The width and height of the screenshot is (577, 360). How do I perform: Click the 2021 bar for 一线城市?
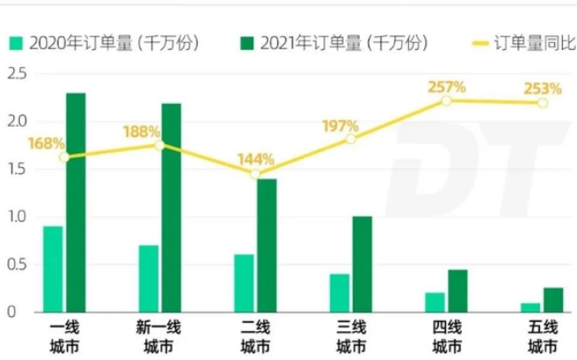pos(76,202)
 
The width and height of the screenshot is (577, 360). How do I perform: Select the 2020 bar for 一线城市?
pos(53,268)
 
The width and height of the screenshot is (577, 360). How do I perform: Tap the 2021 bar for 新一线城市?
pos(172,208)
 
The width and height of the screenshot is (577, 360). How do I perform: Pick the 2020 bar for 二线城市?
pos(244,283)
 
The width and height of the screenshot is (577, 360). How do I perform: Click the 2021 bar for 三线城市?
pos(362,264)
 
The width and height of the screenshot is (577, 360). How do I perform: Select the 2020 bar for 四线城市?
pos(435,302)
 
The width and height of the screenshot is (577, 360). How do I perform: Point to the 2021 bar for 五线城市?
pos(553,299)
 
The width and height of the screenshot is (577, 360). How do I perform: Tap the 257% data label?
pos(446,86)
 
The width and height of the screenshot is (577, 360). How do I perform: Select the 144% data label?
pos(256,159)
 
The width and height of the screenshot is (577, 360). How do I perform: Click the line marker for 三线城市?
pos(351,139)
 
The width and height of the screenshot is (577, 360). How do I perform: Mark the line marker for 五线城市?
pos(543,103)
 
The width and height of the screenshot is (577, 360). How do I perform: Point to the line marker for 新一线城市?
pos(159,144)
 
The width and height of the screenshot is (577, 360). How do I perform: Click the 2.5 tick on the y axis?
pos(15,74)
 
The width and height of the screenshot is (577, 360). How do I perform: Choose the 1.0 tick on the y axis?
pos(15,217)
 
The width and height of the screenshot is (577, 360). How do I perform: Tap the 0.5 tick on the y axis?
pos(15,264)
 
